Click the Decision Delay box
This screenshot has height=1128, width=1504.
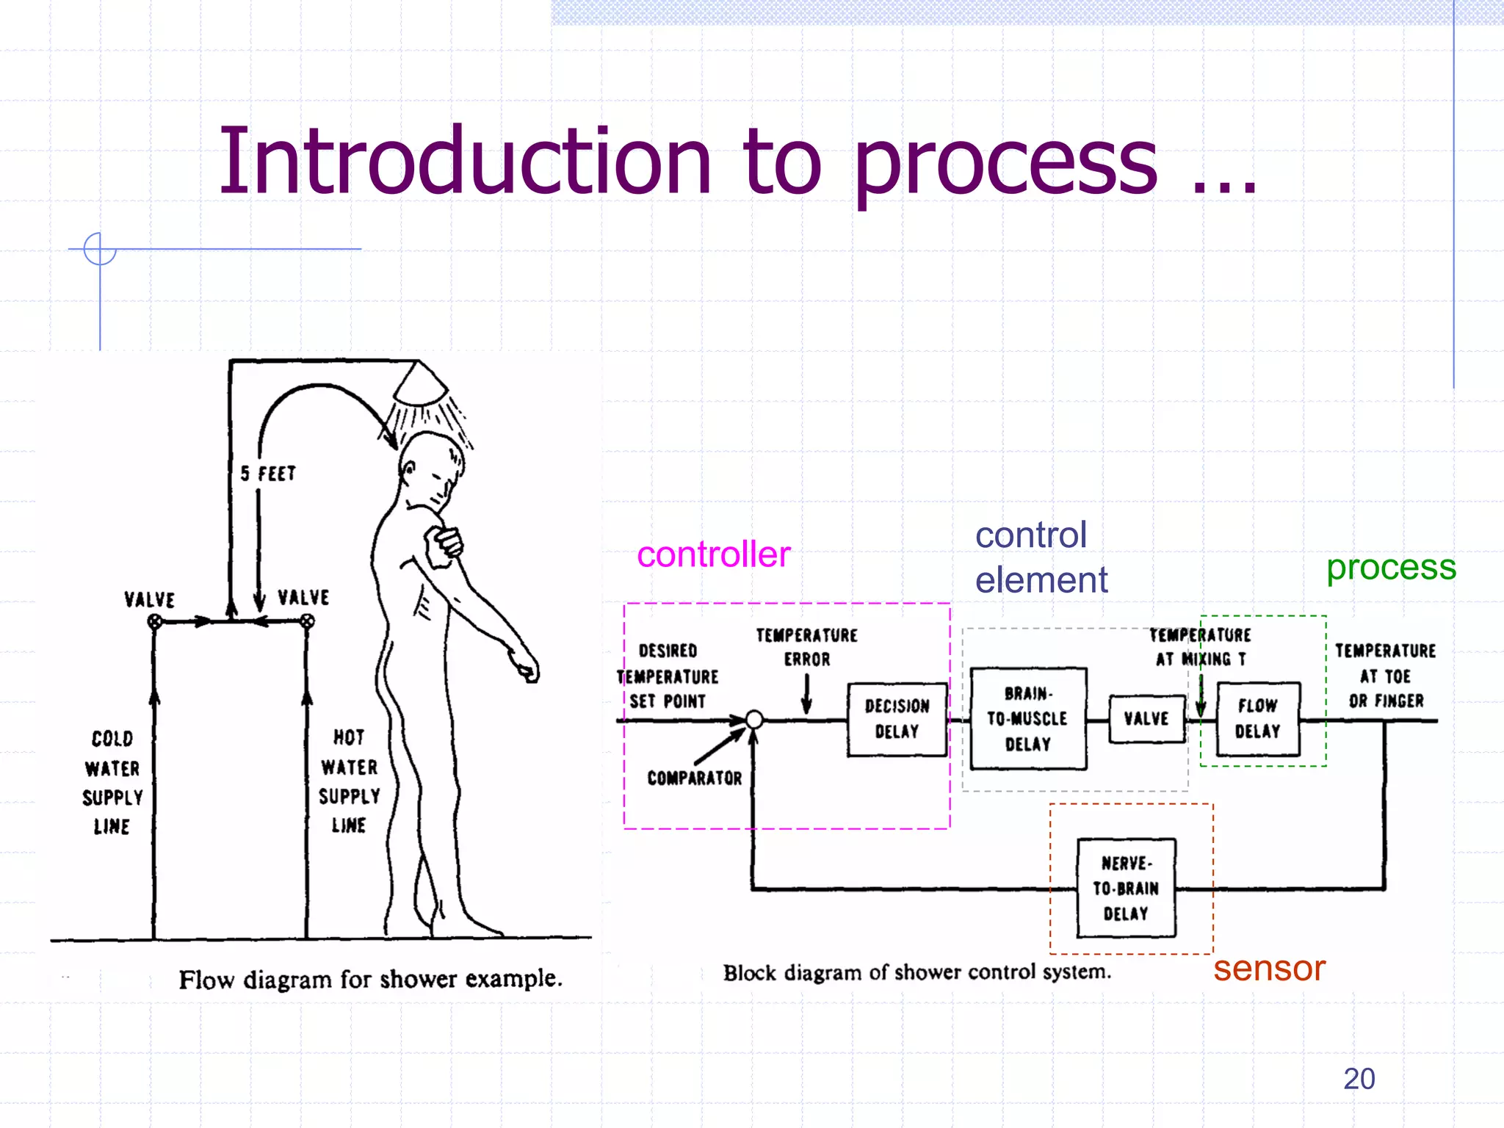[x=897, y=719]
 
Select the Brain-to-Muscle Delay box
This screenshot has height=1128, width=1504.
[x=1027, y=719]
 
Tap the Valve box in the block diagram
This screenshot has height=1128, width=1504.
[x=1146, y=719]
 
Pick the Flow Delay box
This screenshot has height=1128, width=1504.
[x=1257, y=719]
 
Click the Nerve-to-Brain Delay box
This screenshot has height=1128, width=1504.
[x=1126, y=888]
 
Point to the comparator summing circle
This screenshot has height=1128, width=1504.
[x=754, y=719]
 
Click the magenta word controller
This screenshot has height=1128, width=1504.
[x=713, y=554]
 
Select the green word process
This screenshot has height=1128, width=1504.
[x=1390, y=567]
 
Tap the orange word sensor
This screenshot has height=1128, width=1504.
[x=1268, y=968]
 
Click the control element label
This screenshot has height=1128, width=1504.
[x=1041, y=557]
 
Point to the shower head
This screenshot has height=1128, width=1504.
[x=419, y=384]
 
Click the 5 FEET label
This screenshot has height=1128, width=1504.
[x=268, y=474]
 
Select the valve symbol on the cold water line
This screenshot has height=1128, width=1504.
[x=154, y=622]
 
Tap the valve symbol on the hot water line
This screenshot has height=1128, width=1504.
[x=307, y=622]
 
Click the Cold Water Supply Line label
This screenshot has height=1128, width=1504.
[x=112, y=782]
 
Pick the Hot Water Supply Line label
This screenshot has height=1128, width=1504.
[x=349, y=781]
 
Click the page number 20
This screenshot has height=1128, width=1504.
[x=1359, y=1079]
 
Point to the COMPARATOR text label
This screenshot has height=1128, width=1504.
[x=694, y=778]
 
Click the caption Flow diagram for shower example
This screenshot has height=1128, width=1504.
[x=370, y=979]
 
